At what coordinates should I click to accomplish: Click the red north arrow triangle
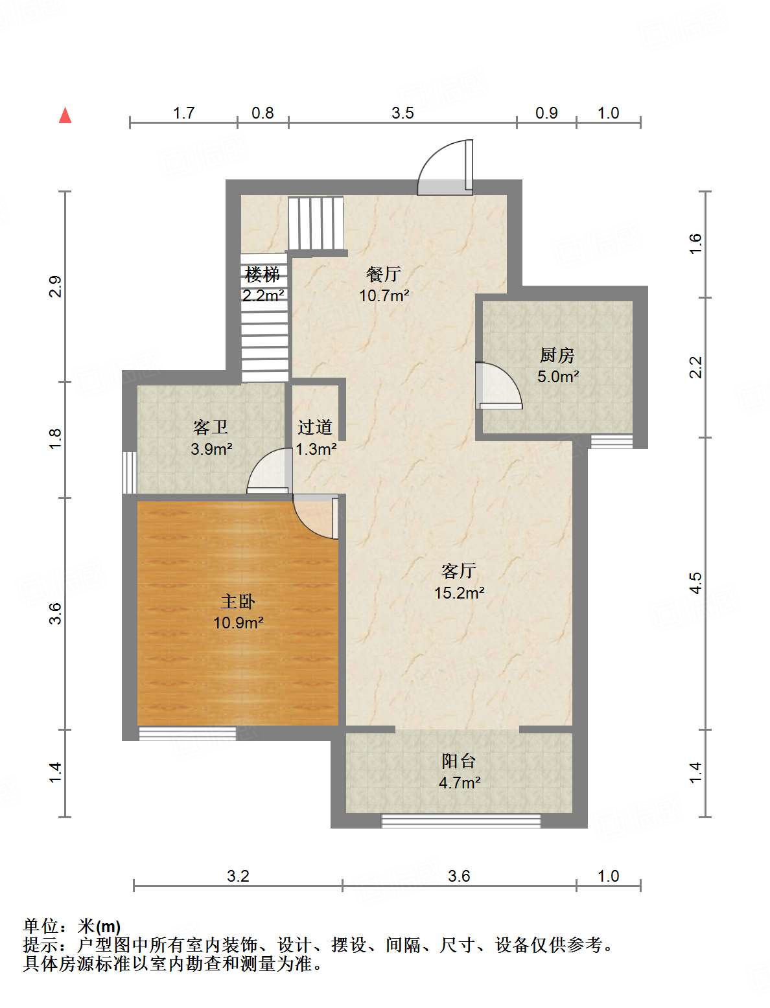[x=65, y=115]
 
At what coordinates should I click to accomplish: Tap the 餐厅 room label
[x=384, y=275]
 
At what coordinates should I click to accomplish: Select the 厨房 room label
[x=557, y=355]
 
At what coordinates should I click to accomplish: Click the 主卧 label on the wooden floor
[x=238, y=602]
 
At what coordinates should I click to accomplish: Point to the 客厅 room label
[x=459, y=571]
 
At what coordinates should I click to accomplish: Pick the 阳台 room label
[x=459, y=761]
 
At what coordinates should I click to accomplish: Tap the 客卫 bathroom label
[x=211, y=428]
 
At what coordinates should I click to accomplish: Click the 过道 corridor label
[x=315, y=428]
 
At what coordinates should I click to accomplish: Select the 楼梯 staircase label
[x=262, y=275]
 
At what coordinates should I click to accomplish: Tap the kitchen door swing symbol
[x=498, y=386]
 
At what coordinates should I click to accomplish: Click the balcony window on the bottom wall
[x=460, y=821]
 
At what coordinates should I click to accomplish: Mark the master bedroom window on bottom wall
[x=187, y=733]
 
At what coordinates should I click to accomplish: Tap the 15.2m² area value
[x=460, y=593]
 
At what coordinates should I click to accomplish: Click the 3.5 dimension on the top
[x=402, y=113]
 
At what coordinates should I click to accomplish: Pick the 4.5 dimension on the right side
[x=695, y=583]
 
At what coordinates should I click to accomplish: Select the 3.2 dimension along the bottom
[x=238, y=876]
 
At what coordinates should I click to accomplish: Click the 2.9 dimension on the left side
[x=56, y=286]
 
